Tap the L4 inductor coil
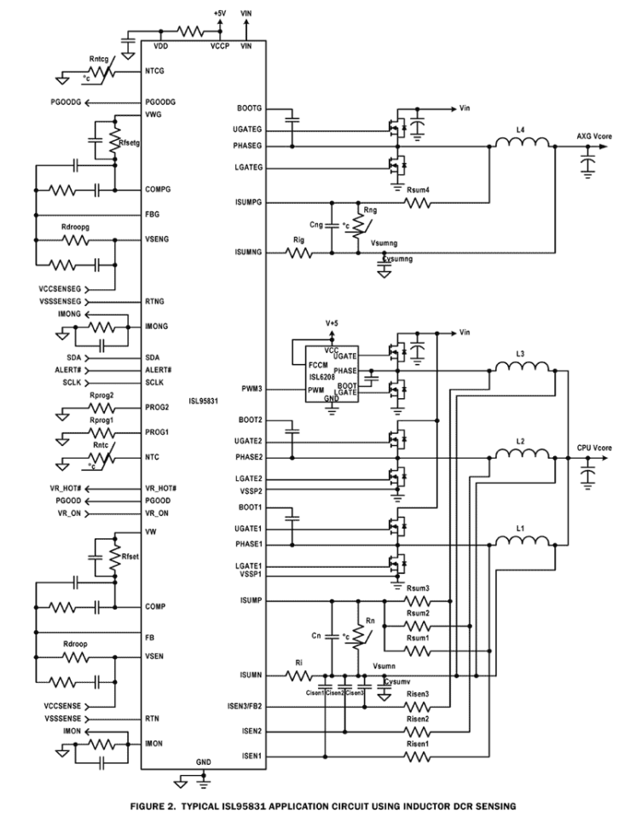click(x=524, y=146)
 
